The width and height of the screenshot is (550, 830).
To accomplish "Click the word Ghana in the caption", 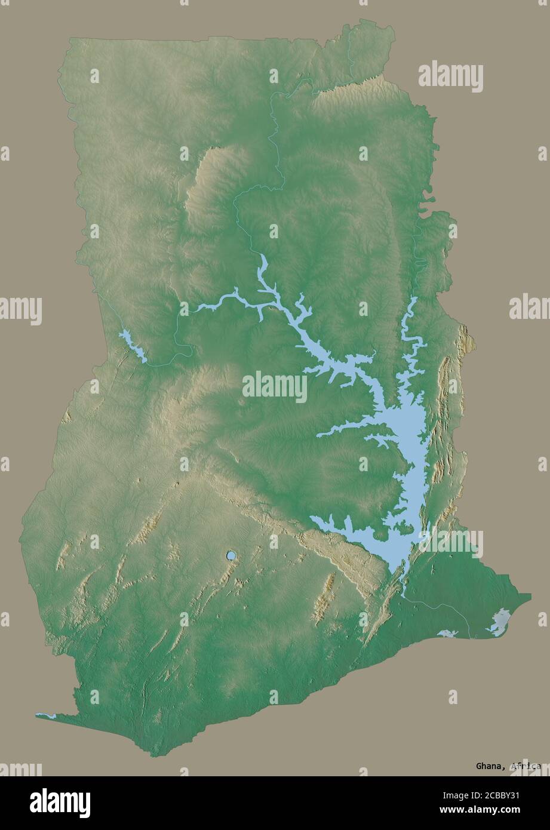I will tap(488, 766).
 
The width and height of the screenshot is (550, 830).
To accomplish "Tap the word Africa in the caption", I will tap(526, 766).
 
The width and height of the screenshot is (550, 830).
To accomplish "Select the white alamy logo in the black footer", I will tap(60, 803).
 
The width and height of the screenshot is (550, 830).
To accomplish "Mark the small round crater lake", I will tap(231, 556).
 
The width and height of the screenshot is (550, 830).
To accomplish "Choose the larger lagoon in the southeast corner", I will tap(499, 622).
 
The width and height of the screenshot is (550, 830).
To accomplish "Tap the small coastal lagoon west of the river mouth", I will tap(447, 633).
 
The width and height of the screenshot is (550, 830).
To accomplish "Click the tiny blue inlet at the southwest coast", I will tap(45, 715).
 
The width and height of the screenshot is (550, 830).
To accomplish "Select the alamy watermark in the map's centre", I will tap(275, 387).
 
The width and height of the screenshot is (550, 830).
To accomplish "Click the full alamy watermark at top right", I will tap(450, 76).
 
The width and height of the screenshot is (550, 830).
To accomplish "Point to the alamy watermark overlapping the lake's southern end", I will tap(450, 542).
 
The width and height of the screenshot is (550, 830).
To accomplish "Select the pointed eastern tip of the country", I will tap(529, 595).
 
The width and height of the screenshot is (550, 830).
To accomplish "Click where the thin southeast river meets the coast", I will tap(469, 637).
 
